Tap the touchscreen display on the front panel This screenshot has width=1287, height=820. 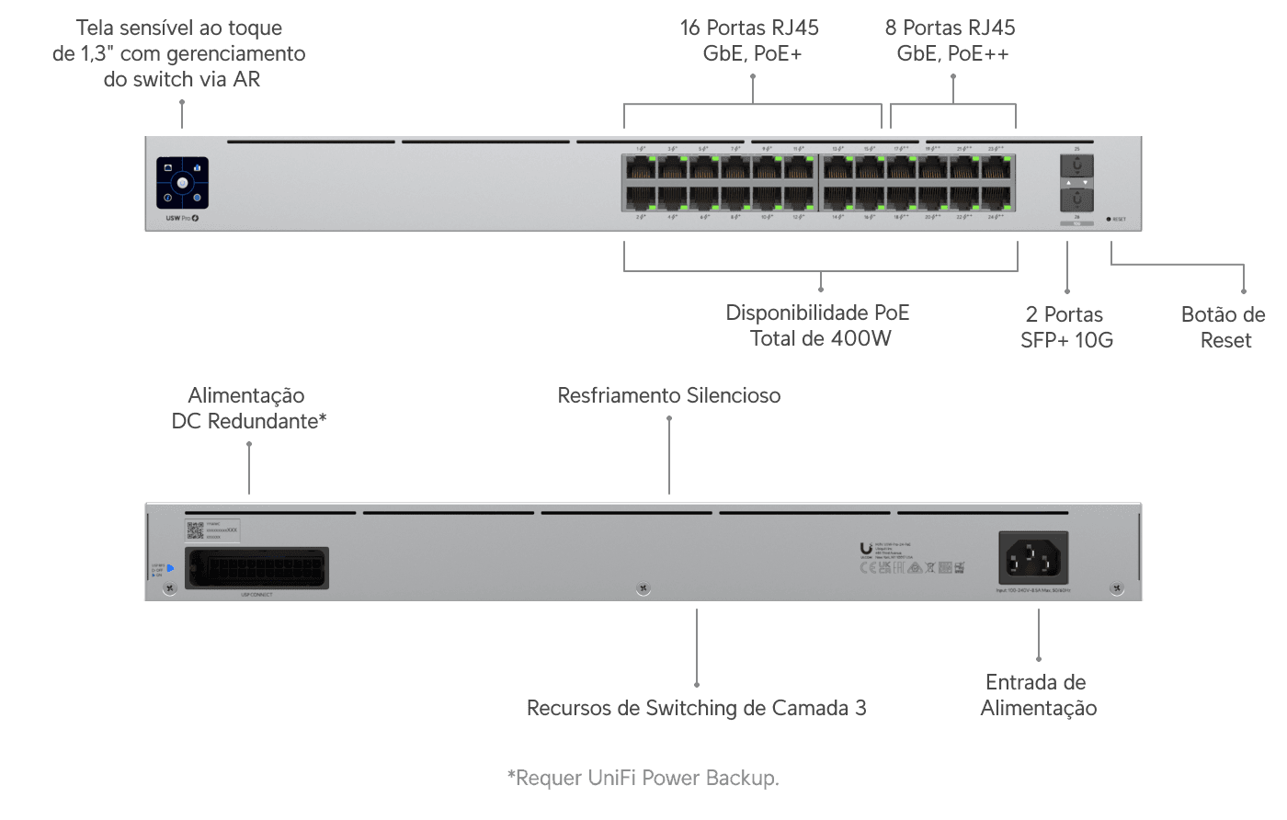click(182, 183)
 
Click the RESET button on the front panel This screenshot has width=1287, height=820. click(1109, 219)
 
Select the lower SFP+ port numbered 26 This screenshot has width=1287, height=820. click(1076, 200)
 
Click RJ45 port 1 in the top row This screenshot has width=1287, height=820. click(641, 168)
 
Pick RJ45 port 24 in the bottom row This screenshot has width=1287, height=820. click(998, 199)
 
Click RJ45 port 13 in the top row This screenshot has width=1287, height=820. click(838, 168)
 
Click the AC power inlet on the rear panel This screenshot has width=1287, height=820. click(1033, 557)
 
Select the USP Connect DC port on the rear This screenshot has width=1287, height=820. click(257, 567)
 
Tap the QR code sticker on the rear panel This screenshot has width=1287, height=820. click(195, 530)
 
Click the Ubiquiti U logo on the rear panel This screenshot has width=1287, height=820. click(866, 549)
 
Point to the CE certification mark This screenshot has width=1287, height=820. click(866, 568)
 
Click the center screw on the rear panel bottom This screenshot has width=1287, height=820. click(643, 588)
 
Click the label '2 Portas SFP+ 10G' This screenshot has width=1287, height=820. click(1066, 327)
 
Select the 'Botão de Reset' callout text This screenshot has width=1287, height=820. click(1224, 327)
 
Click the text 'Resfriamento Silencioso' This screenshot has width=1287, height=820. click(669, 395)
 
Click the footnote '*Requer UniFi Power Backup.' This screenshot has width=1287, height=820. click(643, 779)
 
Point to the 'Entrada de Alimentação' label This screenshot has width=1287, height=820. click(1038, 695)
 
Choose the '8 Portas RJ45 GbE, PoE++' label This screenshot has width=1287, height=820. click(951, 40)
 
